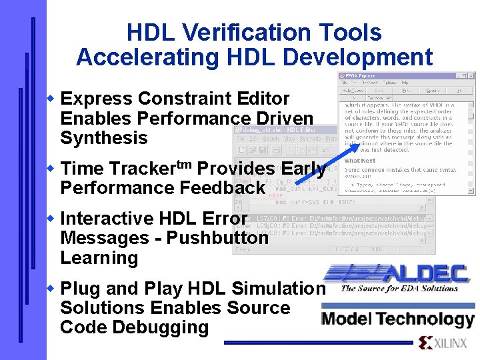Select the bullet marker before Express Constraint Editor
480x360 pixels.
(x=52, y=99)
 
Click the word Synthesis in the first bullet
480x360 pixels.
(x=103, y=138)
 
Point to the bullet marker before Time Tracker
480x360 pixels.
(x=52, y=169)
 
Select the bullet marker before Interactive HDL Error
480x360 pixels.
(x=52, y=219)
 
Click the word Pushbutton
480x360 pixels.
(x=217, y=238)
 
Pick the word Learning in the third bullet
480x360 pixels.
(x=99, y=258)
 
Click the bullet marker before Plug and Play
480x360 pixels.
(x=52, y=289)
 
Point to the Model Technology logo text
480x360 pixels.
(x=397, y=319)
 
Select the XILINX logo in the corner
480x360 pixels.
(x=443, y=343)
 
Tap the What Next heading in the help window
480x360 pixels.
(x=360, y=160)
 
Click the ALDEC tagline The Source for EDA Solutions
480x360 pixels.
(x=399, y=289)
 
